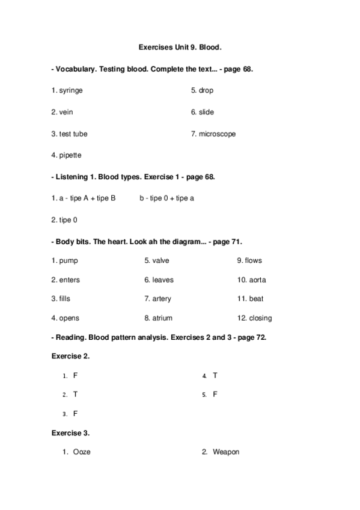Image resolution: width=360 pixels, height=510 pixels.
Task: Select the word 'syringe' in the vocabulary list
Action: (x=71, y=90)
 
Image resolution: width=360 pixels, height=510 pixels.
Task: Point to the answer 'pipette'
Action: (x=70, y=155)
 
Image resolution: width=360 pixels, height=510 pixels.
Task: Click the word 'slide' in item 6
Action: (x=206, y=112)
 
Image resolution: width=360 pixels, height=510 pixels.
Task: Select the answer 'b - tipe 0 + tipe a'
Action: (x=166, y=198)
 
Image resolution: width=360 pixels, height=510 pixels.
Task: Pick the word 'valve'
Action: (x=160, y=260)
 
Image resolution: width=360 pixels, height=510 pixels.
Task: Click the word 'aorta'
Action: (x=257, y=280)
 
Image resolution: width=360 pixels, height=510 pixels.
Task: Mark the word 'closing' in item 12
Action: (x=260, y=318)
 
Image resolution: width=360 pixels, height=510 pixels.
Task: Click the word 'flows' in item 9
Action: (x=254, y=260)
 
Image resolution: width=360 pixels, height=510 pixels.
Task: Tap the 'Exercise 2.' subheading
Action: (x=70, y=356)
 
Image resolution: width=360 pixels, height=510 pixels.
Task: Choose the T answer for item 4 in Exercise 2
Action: (x=215, y=375)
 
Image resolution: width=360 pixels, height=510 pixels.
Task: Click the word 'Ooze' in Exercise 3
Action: (x=82, y=452)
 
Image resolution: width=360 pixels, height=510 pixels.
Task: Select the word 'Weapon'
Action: (x=225, y=452)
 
